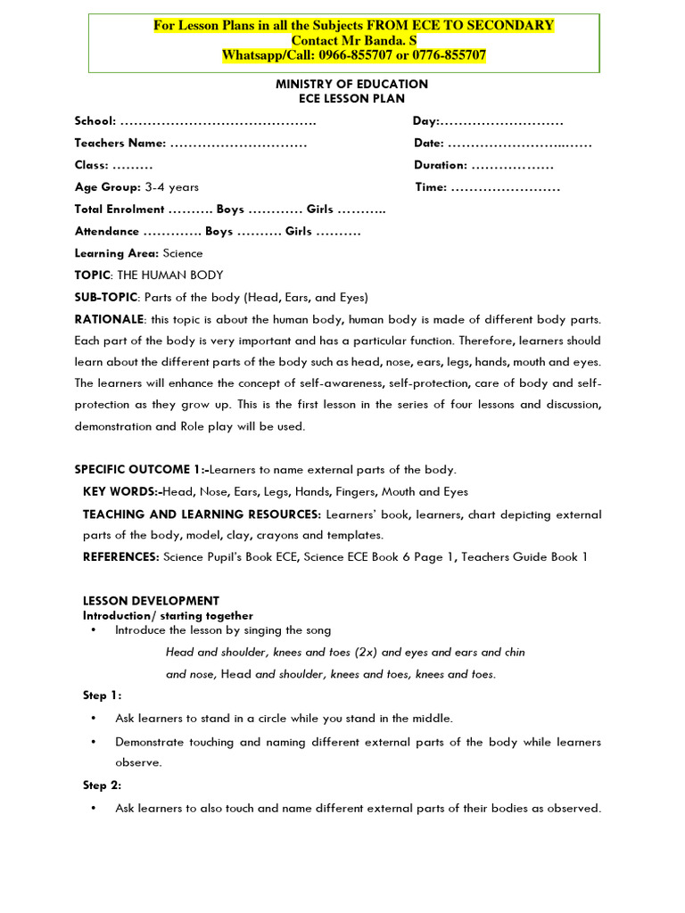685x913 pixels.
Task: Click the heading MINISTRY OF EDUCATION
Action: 344,84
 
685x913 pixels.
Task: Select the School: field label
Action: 95,121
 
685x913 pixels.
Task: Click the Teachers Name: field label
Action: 120,143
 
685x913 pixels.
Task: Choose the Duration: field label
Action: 441,165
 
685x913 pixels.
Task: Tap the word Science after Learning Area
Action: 182,253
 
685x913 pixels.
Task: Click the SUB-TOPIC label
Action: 106,297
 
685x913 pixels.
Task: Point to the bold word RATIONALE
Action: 109,319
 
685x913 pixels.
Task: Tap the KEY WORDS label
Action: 121,492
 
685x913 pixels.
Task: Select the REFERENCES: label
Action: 121,557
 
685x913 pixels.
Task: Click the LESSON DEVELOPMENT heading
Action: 151,601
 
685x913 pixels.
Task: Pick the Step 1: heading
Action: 103,695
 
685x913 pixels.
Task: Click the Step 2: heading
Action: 103,786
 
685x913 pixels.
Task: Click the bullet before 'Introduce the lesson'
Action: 94,630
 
